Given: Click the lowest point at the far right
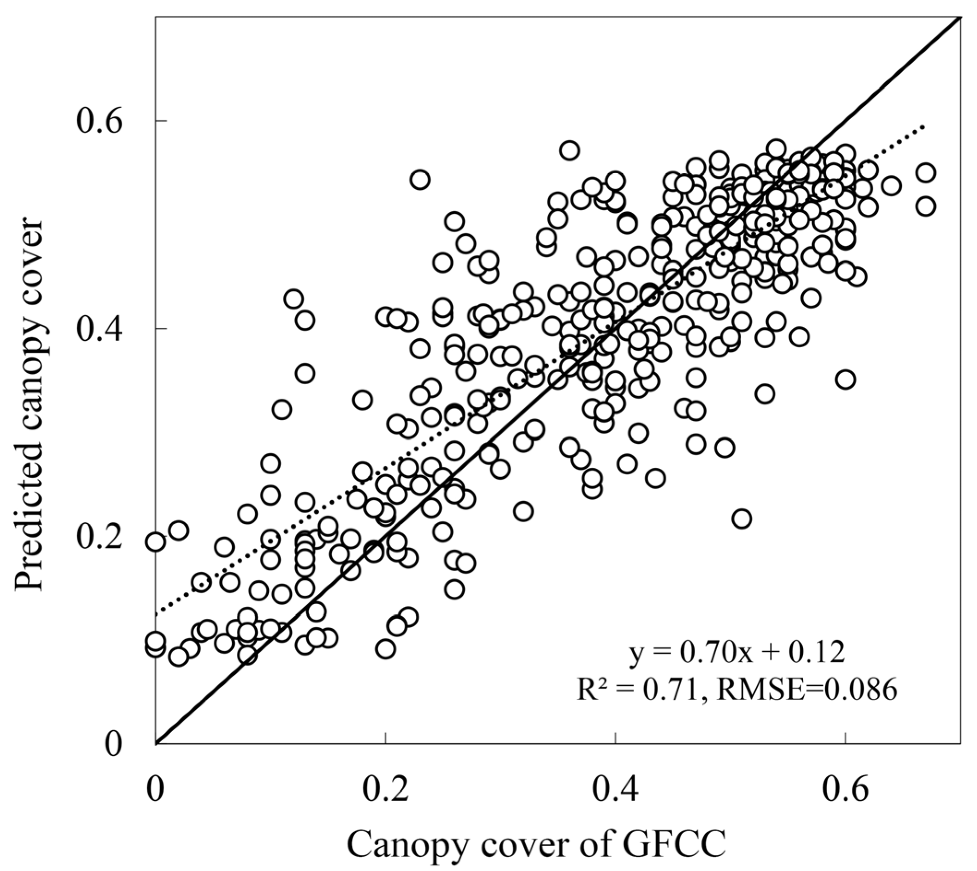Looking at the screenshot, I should click(x=926, y=207).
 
